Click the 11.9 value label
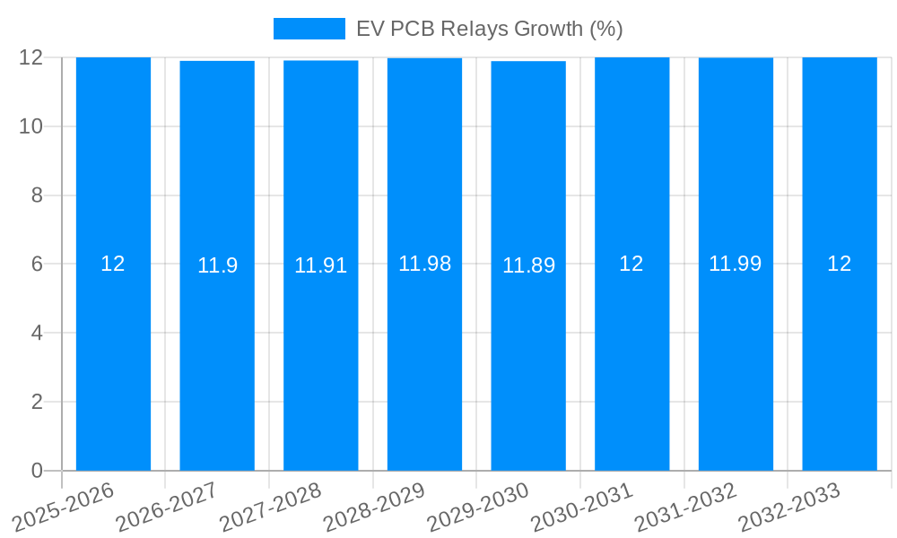(217, 265)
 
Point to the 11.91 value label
(321, 265)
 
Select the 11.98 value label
(424, 264)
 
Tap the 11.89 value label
(528, 265)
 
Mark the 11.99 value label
(736, 264)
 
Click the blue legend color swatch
(309, 29)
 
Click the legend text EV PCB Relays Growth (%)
(489, 29)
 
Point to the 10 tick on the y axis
(31, 126)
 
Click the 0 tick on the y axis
(37, 471)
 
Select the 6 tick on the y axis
(37, 265)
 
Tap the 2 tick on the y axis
(37, 402)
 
